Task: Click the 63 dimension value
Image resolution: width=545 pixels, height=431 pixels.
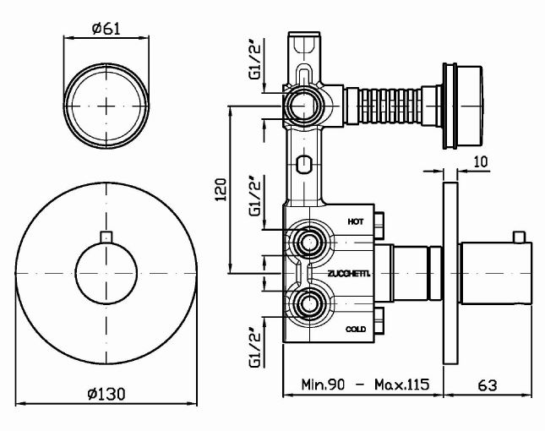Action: [x=487, y=385]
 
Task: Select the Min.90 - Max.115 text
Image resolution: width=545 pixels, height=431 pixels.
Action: [x=365, y=385]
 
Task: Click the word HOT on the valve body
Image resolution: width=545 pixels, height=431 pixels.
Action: [x=357, y=221]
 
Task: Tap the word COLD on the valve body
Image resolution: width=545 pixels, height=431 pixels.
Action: [x=356, y=329]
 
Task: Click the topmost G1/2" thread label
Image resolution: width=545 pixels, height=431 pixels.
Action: [x=254, y=61]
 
